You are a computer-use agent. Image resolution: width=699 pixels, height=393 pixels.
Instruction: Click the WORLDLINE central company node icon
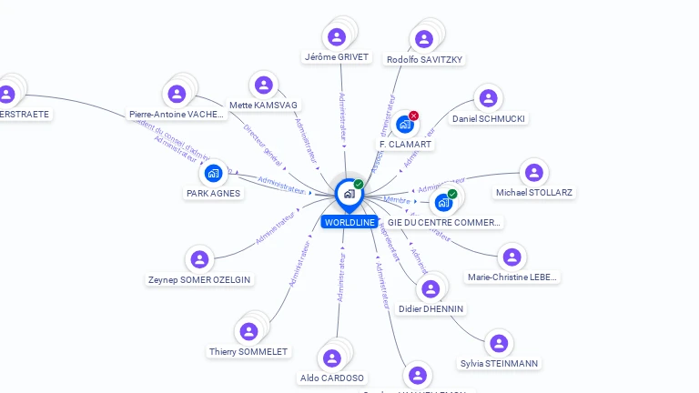pyautogui.click(x=349, y=193)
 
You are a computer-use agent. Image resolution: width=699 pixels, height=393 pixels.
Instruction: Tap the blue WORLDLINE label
pyautogui.click(x=349, y=222)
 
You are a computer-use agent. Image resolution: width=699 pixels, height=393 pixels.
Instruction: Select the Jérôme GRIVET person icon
pyautogui.click(x=337, y=37)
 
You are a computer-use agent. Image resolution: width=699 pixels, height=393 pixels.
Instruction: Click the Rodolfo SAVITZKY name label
pyautogui.click(x=424, y=60)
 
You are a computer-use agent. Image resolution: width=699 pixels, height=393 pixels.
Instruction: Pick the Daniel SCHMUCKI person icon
pyautogui.click(x=488, y=98)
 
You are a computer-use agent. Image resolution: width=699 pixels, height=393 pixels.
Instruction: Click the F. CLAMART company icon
pyautogui.click(x=404, y=125)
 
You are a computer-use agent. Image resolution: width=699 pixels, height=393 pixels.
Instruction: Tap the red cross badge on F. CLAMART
pyautogui.click(x=414, y=116)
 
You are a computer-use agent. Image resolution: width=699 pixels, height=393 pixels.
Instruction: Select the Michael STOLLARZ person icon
pyautogui.click(x=533, y=173)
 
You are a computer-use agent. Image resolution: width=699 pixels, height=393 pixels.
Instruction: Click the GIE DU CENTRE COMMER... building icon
pyautogui.click(x=443, y=202)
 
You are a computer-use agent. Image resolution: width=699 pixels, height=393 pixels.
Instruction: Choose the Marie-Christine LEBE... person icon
pyautogui.click(x=512, y=257)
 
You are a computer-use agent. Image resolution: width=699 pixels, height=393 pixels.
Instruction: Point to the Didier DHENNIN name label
pyautogui.click(x=431, y=309)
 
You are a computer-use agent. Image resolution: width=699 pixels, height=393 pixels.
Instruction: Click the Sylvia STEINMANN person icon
pyautogui.click(x=498, y=344)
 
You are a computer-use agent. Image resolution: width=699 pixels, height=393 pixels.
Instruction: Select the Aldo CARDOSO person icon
pyautogui.click(x=332, y=358)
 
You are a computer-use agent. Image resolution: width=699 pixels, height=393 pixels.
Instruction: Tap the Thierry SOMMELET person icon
pyautogui.click(x=248, y=332)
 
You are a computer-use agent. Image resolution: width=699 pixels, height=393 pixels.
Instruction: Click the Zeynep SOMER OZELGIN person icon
pyautogui.click(x=199, y=260)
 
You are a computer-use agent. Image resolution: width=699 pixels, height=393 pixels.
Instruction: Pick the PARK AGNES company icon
pyautogui.click(x=213, y=173)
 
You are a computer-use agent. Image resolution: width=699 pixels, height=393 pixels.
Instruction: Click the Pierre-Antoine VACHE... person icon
pyautogui.click(x=177, y=94)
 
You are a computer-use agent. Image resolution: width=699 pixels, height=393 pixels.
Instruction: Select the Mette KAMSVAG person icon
pyautogui.click(x=264, y=86)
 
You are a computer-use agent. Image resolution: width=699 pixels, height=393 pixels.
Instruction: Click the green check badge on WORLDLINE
pyautogui.click(x=359, y=184)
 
